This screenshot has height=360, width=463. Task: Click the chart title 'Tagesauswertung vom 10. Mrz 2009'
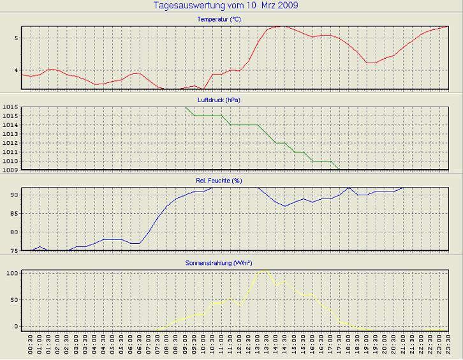point(226,6)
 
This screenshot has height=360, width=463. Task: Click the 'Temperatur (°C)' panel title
point(219,20)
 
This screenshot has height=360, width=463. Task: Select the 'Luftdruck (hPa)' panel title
point(219,100)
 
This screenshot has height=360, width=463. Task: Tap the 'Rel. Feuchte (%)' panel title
point(219,181)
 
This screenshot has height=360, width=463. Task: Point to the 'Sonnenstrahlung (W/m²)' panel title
point(219,262)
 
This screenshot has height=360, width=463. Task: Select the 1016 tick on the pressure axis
point(11,107)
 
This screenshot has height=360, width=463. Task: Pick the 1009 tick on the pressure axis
point(11,170)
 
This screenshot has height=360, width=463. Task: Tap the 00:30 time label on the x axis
point(31,347)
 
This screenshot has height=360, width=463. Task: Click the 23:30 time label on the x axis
point(449,347)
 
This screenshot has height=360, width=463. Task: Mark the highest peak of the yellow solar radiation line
point(263,271)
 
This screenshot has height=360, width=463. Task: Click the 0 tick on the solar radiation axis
point(17,326)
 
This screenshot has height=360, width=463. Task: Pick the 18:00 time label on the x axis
point(349,347)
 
